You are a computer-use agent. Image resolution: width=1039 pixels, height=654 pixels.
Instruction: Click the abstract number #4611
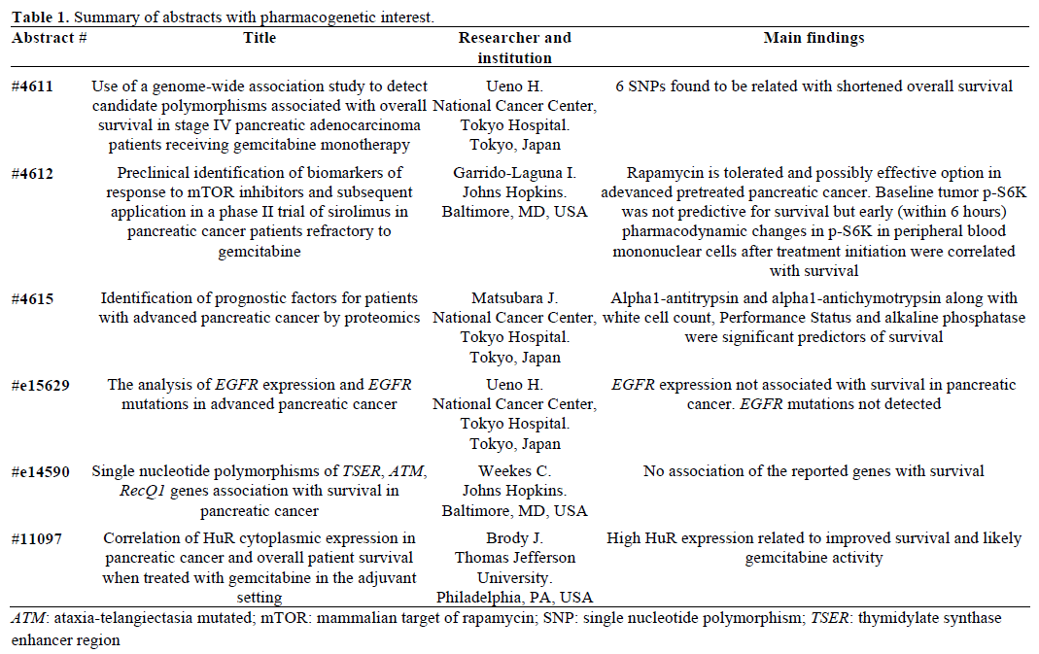click(33, 86)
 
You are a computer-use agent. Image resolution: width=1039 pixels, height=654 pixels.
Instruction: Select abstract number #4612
click(33, 174)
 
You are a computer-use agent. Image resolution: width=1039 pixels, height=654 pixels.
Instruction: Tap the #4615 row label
click(33, 298)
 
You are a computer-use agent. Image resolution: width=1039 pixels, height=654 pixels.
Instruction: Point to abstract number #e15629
click(40, 385)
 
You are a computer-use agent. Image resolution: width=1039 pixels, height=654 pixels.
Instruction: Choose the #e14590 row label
click(40, 471)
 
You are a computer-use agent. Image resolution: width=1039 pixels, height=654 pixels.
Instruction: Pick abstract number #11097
click(37, 538)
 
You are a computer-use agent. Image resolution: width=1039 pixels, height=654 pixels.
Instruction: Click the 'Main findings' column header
click(814, 38)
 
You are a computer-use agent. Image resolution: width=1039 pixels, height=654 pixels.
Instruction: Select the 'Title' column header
click(260, 38)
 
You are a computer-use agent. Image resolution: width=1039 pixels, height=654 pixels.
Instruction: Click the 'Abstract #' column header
click(50, 38)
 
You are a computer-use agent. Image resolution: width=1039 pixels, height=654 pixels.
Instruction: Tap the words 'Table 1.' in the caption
click(40, 17)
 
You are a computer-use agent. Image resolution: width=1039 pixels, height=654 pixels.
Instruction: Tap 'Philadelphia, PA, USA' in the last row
click(514, 597)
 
